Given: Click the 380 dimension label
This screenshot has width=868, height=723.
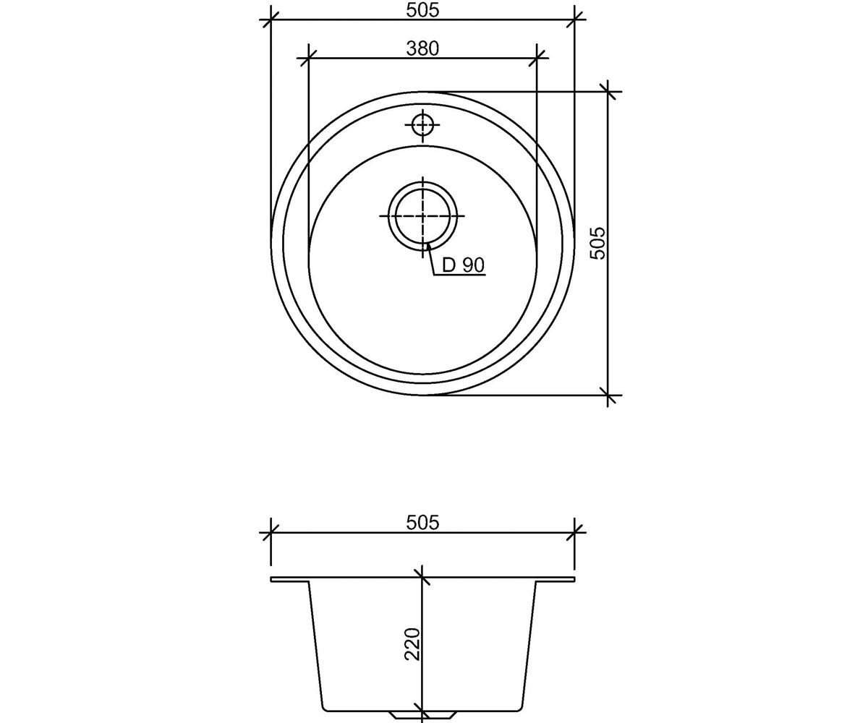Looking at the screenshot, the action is [x=422, y=48].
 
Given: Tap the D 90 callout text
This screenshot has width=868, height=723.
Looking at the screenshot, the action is [x=463, y=265].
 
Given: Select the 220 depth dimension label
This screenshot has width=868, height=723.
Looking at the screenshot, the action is [x=413, y=643].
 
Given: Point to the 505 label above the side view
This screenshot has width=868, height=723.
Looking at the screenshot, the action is [x=422, y=523].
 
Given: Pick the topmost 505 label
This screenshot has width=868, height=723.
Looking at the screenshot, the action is [x=422, y=10].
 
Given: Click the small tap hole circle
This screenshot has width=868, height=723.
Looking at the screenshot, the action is [x=422, y=124].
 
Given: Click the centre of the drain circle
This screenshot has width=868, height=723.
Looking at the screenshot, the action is [x=422, y=215].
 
